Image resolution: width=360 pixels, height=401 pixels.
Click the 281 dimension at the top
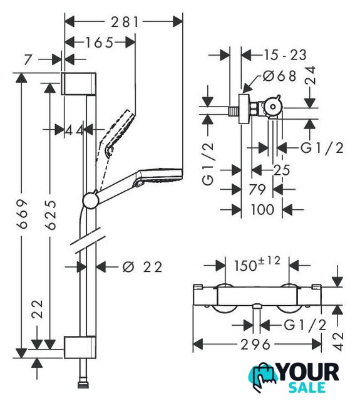click(x=125, y=22)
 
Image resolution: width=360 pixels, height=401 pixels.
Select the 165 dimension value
click(x=99, y=43)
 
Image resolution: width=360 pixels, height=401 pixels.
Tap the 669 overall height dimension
click(x=22, y=214)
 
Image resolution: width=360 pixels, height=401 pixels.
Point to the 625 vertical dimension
click(x=50, y=215)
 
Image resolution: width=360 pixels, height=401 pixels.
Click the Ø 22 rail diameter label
click(x=142, y=268)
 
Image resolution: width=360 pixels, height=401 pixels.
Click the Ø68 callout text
click(x=279, y=76)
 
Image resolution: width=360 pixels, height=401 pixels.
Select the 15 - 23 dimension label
click(x=285, y=55)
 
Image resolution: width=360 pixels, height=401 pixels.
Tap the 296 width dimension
click(x=255, y=345)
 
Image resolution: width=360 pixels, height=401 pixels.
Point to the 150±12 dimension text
click(x=257, y=264)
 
